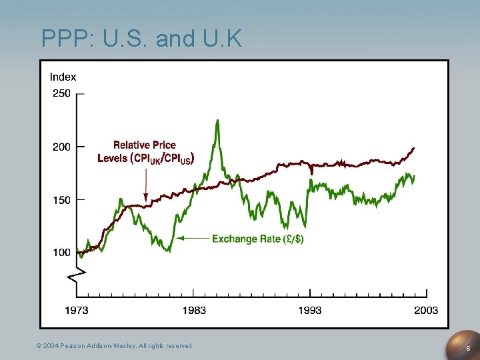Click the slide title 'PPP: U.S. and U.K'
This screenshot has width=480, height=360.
point(141,38)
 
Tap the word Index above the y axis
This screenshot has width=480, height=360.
point(63,77)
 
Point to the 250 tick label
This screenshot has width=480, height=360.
point(61,93)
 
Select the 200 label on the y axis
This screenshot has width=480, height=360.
point(61,147)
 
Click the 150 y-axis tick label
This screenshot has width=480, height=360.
point(61,199)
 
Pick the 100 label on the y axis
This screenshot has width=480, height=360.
point(61,252)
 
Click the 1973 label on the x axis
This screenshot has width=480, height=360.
point(77,310)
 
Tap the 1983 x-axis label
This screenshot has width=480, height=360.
point(194,310)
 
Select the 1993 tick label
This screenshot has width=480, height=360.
point(309,310)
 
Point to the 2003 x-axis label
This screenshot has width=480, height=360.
point(426,310)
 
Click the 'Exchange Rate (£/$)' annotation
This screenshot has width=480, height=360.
point(257,239)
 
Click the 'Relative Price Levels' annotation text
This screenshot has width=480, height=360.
point(145,151)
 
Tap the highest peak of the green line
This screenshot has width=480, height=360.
point(217,121)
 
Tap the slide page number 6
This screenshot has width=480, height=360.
point(468,349)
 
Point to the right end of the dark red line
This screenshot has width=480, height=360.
point(414,148)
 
